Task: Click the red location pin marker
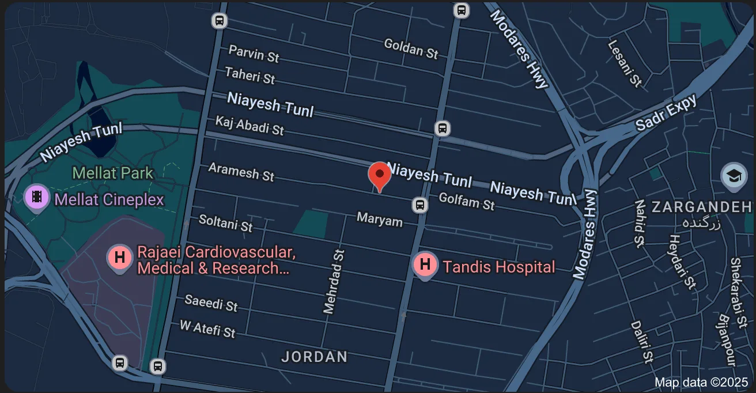click(x=379, y=175)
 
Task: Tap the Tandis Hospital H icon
click(x=425, y=265)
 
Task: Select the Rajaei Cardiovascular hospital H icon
click(x=120, y=257)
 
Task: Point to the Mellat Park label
click(x=113, y=173)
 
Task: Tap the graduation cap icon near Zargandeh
click(x=734, y=176)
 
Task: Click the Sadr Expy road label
click(x=666, y=113)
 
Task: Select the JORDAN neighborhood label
click(x=314, y=357)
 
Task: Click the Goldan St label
click(x=411, y=48)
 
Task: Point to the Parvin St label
click(x=254, y=54)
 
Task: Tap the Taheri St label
click(x=250, y=75)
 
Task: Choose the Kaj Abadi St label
click(x=249, y=125)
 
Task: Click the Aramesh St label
click(x=241, y=172)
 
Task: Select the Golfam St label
click(x=466, y=202)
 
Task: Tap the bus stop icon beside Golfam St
click(x=420, y=205)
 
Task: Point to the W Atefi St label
click(x=207, y=329)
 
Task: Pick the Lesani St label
click(x=625, y=63)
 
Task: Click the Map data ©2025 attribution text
click(x=701, y=382)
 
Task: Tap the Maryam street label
click(x=379, y=219)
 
